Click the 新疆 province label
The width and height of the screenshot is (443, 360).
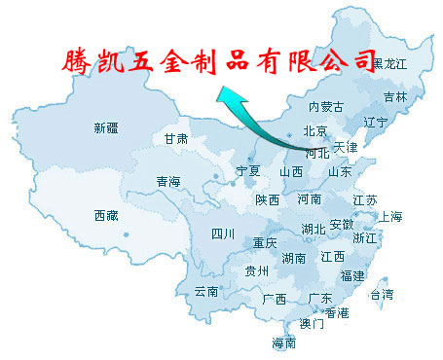click(106, 127)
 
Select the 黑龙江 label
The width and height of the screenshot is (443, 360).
click(389, 63)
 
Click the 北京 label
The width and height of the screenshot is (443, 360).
click(314, 131)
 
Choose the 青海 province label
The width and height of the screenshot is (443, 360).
click(168, 182)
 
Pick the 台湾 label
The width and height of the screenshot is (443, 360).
click(382, 294)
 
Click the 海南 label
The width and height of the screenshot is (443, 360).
click(283, 343)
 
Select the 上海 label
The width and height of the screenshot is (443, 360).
click(390, 216)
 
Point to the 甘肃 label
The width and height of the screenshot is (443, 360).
click(176, 139)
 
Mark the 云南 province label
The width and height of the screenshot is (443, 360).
click(205, 291)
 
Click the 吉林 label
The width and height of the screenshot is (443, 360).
click(395, 97)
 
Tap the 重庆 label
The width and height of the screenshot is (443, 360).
click(264, 242)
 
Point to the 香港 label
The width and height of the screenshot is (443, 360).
click(337, 312)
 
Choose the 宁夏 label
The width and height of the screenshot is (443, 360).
click(248, 170)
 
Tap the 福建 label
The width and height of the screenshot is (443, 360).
click(352, 276)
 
